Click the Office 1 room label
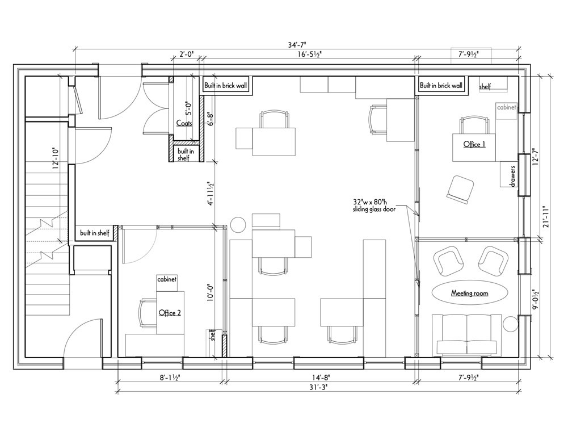point(474,144)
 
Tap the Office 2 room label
point(170,313)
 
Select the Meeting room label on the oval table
point(470,294)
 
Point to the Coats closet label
point(184,123)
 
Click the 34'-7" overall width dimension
point(297,45)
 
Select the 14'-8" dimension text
point(321,378)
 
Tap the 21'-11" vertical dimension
point(546,217)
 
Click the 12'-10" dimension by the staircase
point(55,158)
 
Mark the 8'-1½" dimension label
point(170,378)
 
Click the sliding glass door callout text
point(374,205)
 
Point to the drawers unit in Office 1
point(509,174)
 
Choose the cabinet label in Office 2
point(167,279)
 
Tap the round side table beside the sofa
point(510,324)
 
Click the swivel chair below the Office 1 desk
point(460,189)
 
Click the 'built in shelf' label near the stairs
point(95,233)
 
